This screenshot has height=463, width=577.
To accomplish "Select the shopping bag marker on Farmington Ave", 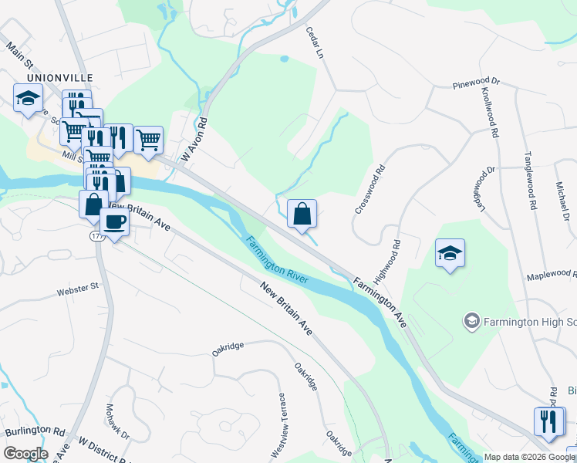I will pos(302,214).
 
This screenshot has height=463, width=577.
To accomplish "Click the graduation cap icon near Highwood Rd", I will pos(450,253).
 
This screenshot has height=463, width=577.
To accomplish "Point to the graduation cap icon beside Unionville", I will pos(28,98).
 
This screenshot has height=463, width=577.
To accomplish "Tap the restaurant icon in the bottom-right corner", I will pos(548,421).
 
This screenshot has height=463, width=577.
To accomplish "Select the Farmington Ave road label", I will pos(380,302).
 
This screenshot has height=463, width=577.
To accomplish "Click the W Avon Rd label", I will pos(194,140).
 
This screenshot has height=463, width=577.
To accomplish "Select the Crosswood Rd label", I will pos(369,189).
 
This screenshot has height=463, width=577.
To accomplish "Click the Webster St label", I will pos(78,292).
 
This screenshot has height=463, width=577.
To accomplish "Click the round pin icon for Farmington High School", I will pos(471,319).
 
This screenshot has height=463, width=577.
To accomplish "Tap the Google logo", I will pos(25,453).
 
